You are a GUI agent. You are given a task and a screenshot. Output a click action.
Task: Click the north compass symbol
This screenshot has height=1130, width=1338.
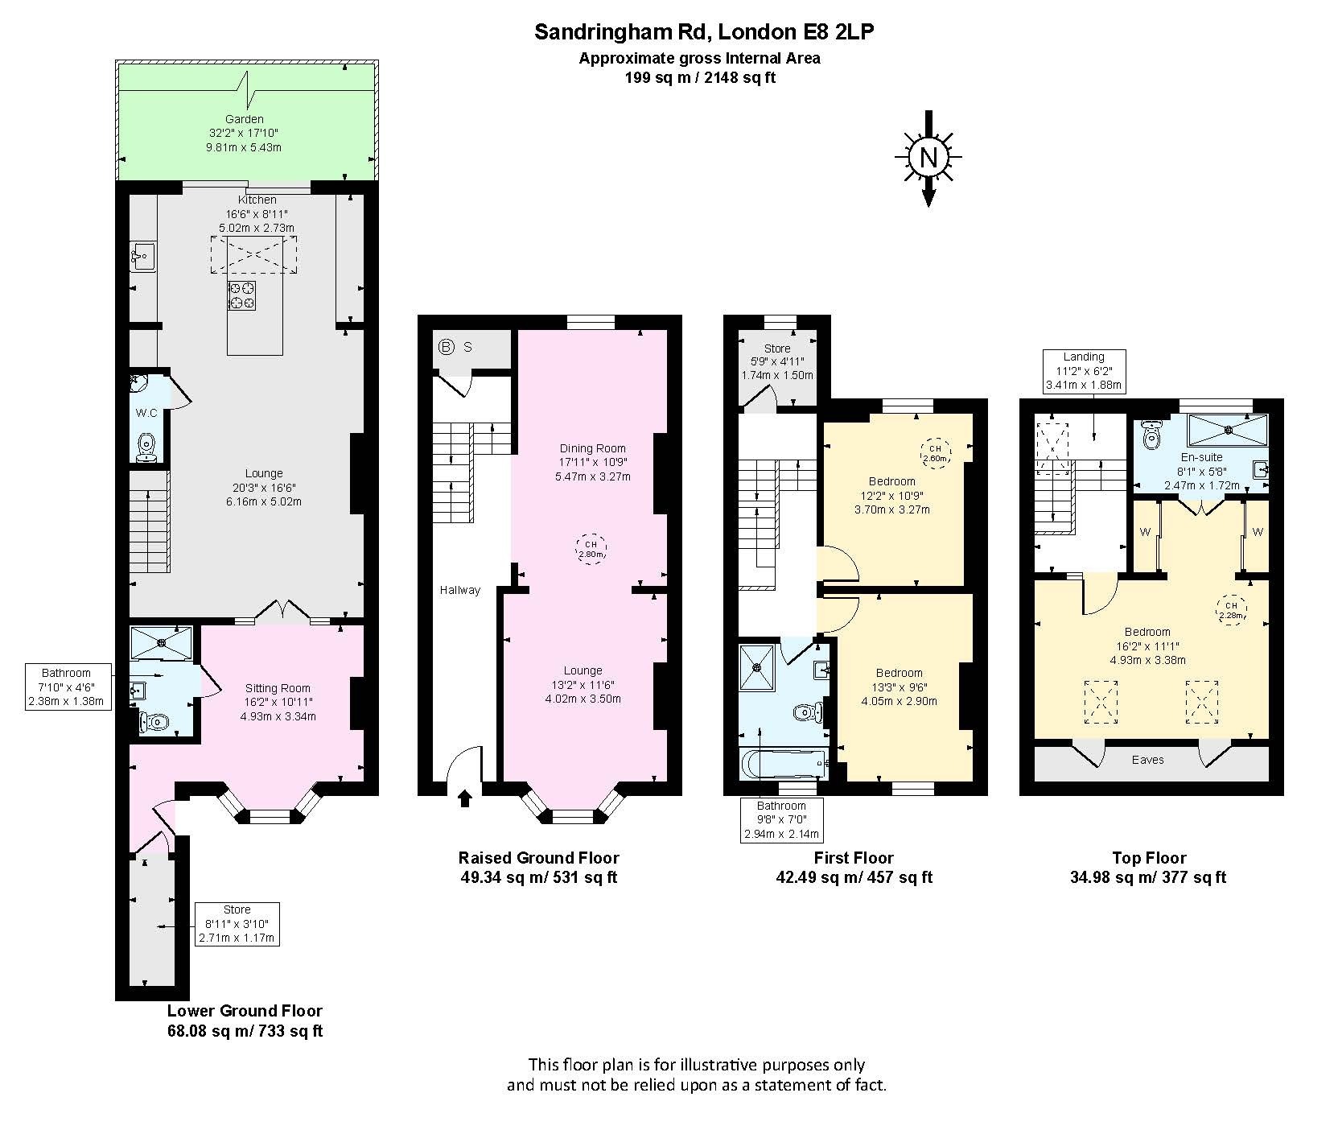tap(928, 158)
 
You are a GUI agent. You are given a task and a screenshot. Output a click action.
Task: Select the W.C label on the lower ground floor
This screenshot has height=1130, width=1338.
tap(146, 413)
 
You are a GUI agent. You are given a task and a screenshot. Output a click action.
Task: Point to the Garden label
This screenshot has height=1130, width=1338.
tap(245, 119)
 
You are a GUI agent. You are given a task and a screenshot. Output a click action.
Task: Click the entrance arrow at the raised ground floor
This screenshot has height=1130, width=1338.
tap(465, 798)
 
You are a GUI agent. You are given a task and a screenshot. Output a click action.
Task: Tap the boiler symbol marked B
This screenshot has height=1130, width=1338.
tap(446, 348)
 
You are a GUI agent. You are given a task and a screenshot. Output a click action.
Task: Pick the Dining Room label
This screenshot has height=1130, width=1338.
tap(593, 448)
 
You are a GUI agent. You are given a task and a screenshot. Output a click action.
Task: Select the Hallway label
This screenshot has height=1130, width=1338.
tap(460, 590)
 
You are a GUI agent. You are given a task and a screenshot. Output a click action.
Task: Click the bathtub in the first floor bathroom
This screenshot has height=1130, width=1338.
tap(785, 763)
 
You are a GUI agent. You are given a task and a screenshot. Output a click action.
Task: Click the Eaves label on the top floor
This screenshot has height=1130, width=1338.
tap(1147, 759)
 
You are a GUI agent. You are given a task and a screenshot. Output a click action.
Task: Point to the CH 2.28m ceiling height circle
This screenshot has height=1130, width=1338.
tap(1230, 610)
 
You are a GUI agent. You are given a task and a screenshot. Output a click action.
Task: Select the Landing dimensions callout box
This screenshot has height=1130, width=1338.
tap(1084, 371)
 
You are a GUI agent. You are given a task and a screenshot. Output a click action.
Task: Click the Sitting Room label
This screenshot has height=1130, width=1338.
tap(278, 688)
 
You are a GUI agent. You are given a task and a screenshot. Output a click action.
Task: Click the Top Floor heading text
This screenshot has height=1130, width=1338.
tap(1149, 858)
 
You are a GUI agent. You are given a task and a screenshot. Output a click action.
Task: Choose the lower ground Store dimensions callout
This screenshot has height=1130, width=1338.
tap(237, 924)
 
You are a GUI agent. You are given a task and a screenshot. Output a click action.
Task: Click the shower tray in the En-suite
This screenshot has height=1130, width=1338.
tap(1228, 429)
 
